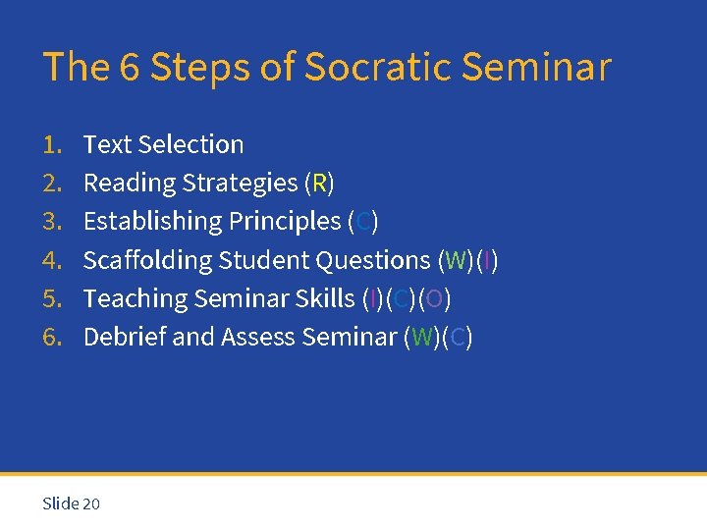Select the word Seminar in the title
pos(535,67)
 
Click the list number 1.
pos(51,144)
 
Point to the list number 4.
pos(51,260)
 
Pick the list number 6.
pos(51,337)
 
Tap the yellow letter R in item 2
pos(319,183)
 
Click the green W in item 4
pos(455,260)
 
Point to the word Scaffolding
pos(147,260)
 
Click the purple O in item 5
pos(434,298)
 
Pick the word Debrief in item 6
pos(125,337)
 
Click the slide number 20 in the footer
pos(91,503)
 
